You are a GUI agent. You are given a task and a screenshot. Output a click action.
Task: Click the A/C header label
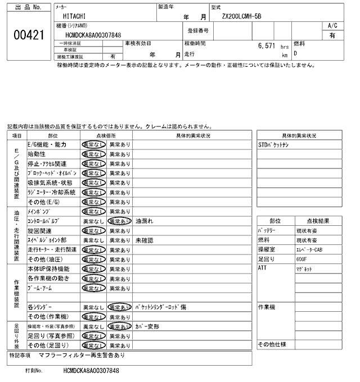332,26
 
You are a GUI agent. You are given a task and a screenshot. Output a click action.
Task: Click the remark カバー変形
147,326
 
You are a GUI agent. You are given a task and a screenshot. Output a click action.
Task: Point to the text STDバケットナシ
274,144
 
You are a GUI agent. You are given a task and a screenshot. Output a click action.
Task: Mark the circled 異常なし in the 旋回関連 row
93,231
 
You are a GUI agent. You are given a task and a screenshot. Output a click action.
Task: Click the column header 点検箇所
106,135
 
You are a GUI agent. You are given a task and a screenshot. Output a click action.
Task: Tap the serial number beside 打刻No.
92,372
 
